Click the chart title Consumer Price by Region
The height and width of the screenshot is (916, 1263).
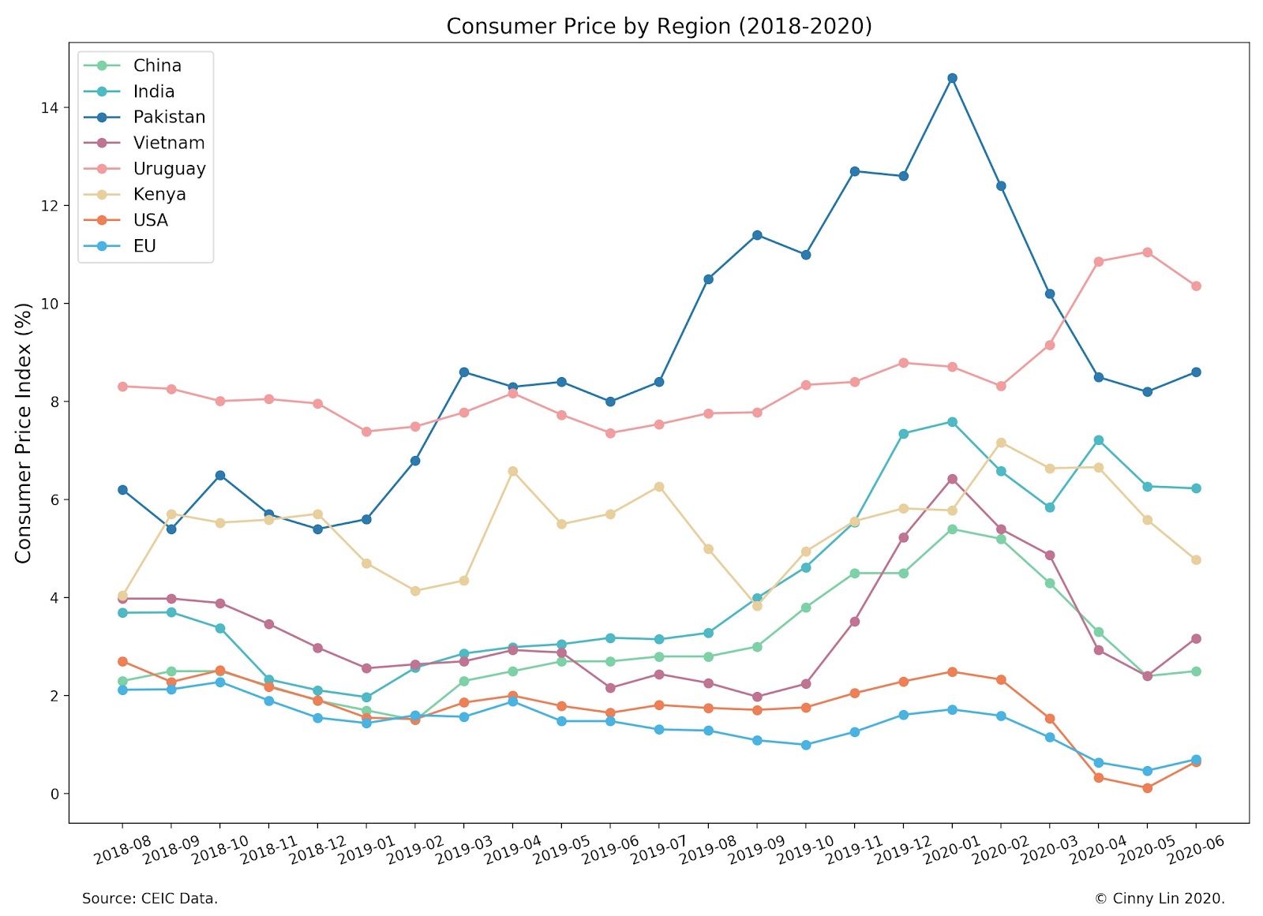(658, 26)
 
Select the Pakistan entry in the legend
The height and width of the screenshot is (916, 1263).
(169, 117)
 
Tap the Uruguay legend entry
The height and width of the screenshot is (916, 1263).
(169, 169)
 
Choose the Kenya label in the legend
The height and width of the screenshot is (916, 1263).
(159, 194)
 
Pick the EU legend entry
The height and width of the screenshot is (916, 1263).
(144, 246)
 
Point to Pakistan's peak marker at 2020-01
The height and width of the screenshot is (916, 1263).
(952, 78)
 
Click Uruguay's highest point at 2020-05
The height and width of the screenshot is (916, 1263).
(1147, 252)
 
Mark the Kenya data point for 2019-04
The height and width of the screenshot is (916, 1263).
(513, 471)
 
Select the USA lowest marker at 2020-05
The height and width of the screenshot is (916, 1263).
(1147, 787)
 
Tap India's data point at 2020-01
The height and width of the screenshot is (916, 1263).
(952, 422)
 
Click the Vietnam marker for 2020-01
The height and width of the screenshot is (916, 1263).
(952, 479)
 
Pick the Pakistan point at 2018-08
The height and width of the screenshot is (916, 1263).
(122, 490)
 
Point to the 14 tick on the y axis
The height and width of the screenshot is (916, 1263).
(49, 108)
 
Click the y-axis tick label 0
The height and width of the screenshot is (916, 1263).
(54, 794)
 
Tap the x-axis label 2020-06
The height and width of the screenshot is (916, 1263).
(1195, 851)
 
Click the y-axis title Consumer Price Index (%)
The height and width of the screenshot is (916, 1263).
(24, 432)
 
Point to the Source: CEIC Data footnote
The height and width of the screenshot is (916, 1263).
(150, 899)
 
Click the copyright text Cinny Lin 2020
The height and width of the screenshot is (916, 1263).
(1160, 899)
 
